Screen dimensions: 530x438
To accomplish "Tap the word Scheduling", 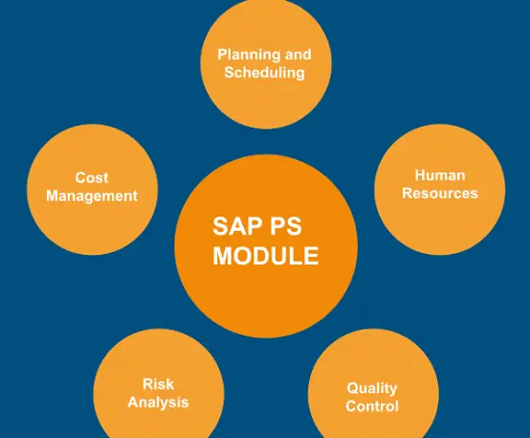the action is (x=265, y=73).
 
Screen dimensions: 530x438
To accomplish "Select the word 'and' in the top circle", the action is (x=298, y=55).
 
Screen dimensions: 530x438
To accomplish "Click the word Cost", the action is (x=92, y=178).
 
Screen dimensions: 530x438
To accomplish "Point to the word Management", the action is (x=92, y=196).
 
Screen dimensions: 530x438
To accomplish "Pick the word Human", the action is (x=440, y=175).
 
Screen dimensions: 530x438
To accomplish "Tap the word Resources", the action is (x=440, y=194).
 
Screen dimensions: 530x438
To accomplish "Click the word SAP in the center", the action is (x=233, y=226).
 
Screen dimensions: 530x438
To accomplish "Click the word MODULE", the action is (x=266, y=255).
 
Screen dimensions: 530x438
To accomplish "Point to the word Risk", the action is (x=158, y=384).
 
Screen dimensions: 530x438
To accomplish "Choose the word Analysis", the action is (x=158, y=403).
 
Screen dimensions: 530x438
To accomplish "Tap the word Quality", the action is (x=372, y=389).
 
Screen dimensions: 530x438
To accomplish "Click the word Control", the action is (x=372, y=406).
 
